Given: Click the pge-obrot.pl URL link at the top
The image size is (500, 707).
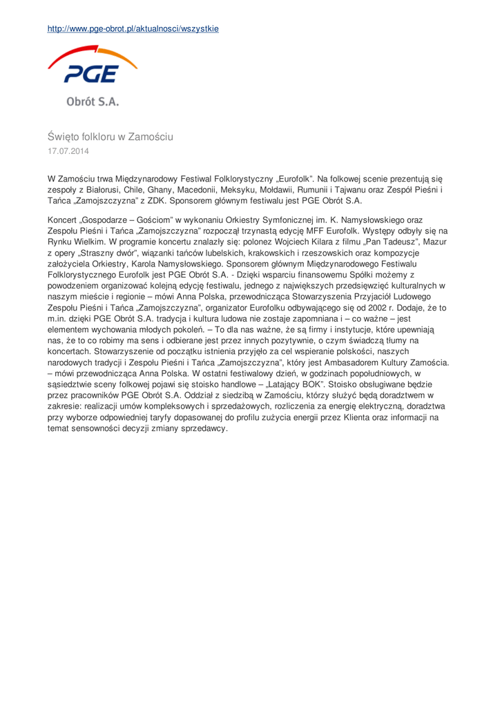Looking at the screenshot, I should pyautogui.click(x=133, y=29).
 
